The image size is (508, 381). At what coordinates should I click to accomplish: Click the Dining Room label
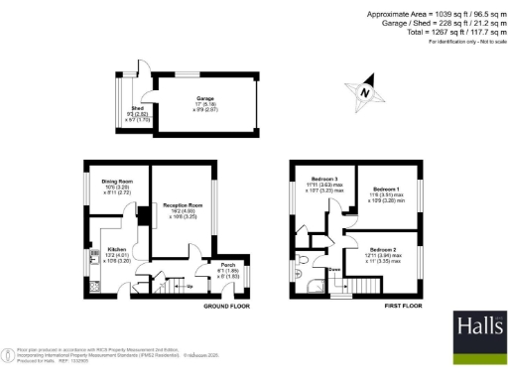[x=118, y=182]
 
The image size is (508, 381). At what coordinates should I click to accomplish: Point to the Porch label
[x=227, y=265]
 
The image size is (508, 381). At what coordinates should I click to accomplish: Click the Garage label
[x=205, y=98]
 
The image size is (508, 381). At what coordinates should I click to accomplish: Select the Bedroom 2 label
[x=382, y=248]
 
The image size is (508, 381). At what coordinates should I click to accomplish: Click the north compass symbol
[x=365, y=90]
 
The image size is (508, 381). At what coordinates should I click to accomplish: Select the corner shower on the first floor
[x=315, y=289]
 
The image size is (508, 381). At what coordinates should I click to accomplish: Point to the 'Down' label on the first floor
[x=336, y=270]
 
